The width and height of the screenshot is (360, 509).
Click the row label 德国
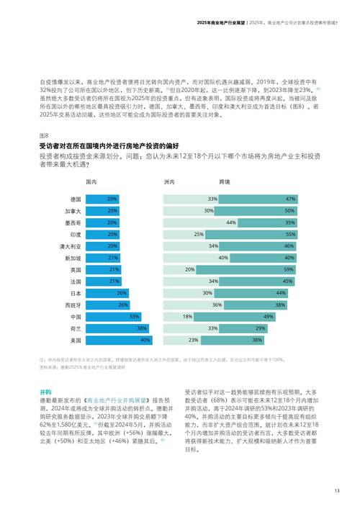(76, 199)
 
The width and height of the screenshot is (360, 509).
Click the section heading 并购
(45, 391)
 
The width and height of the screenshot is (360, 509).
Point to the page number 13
(336, 492)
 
